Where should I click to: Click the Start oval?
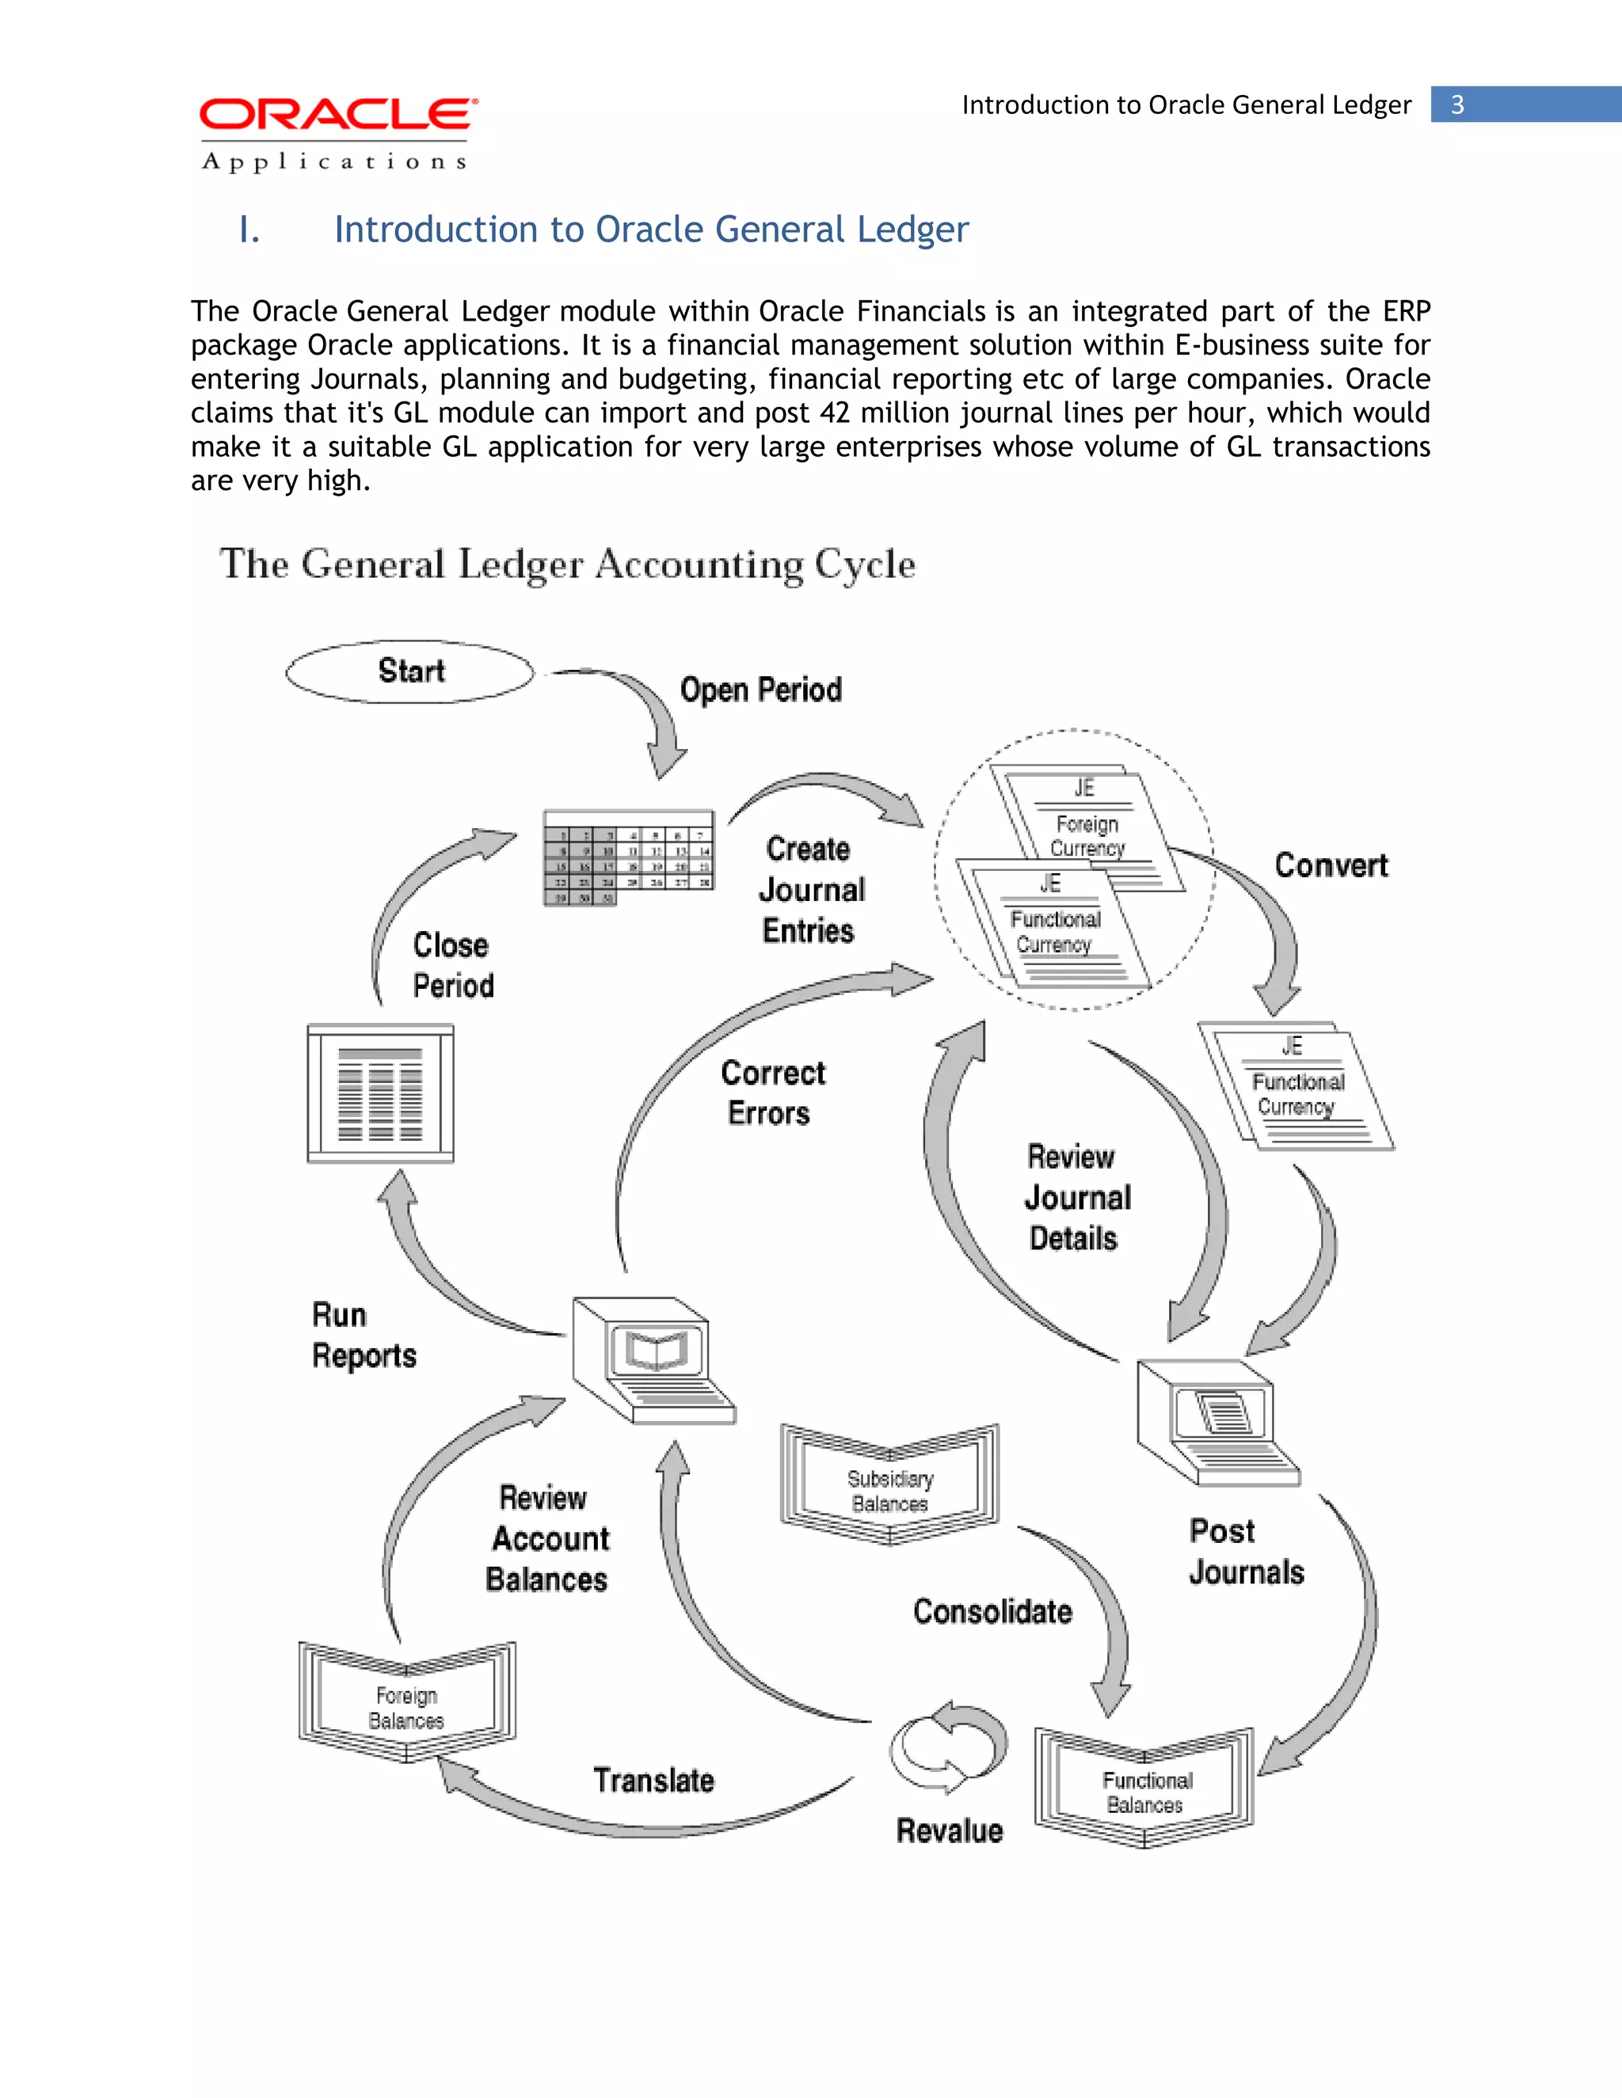[x=410, y=671]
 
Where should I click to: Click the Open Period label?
[x=760, y=690]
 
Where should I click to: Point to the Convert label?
[x=1331, y=865]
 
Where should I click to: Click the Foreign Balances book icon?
[x=407, y=1702]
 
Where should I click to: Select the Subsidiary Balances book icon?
[x=889, y=1485]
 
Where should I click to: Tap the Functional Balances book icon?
[x=1144, y=1788]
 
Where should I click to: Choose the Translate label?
[x=653, y=1780]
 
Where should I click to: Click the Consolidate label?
[x=992, y=1611]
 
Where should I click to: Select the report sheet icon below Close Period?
[x=380, y=1093]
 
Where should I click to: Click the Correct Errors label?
[x=771, y=1093]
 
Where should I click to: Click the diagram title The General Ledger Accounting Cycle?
[x=567, y=564]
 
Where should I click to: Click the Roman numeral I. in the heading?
[x=249, y=230]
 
